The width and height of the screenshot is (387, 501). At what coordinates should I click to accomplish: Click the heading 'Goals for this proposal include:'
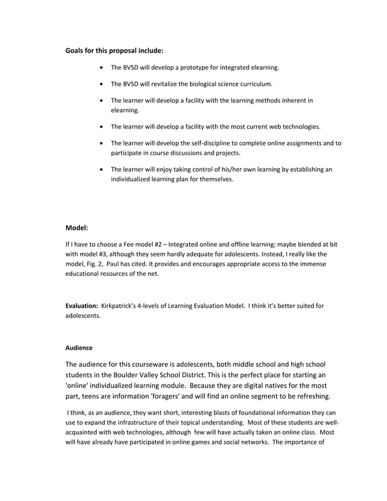(x=114, y=50)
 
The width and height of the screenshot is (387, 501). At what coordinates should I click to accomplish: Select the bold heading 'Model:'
(x=77, y=228)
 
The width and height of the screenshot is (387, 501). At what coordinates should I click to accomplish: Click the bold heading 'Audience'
(x=78, y=348)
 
